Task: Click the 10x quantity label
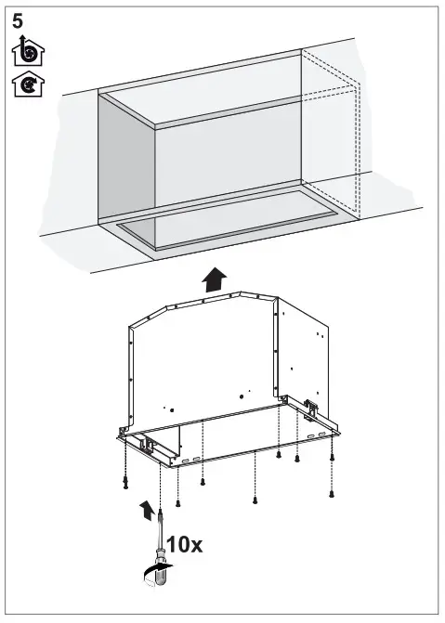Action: click(185, 544)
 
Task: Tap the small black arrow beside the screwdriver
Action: click(146, 509)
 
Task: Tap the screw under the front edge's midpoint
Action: click(254, 500)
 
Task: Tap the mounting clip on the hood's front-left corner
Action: click(145, 446)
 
